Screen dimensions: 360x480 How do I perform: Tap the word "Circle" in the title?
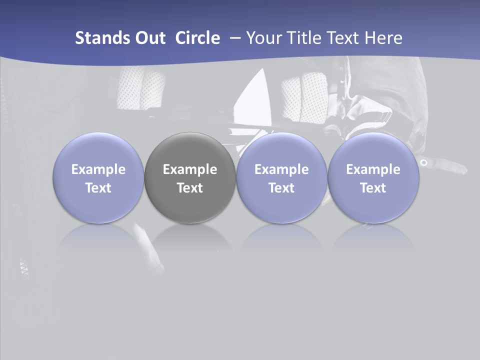[x=197, y=38]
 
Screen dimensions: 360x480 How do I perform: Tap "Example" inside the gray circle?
[x=190, y=169]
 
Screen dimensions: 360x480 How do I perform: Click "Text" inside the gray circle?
[x=190, y=188]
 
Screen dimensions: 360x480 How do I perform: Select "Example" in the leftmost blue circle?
[x=98, y=169]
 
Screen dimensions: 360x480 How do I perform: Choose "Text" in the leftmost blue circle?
[x=98, y=188]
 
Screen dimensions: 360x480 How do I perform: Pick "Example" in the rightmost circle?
[x=373, y=169]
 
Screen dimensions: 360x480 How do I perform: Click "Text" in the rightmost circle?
[x=373, y=188]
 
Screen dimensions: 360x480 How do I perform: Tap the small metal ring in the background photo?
[x=424, y=162]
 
